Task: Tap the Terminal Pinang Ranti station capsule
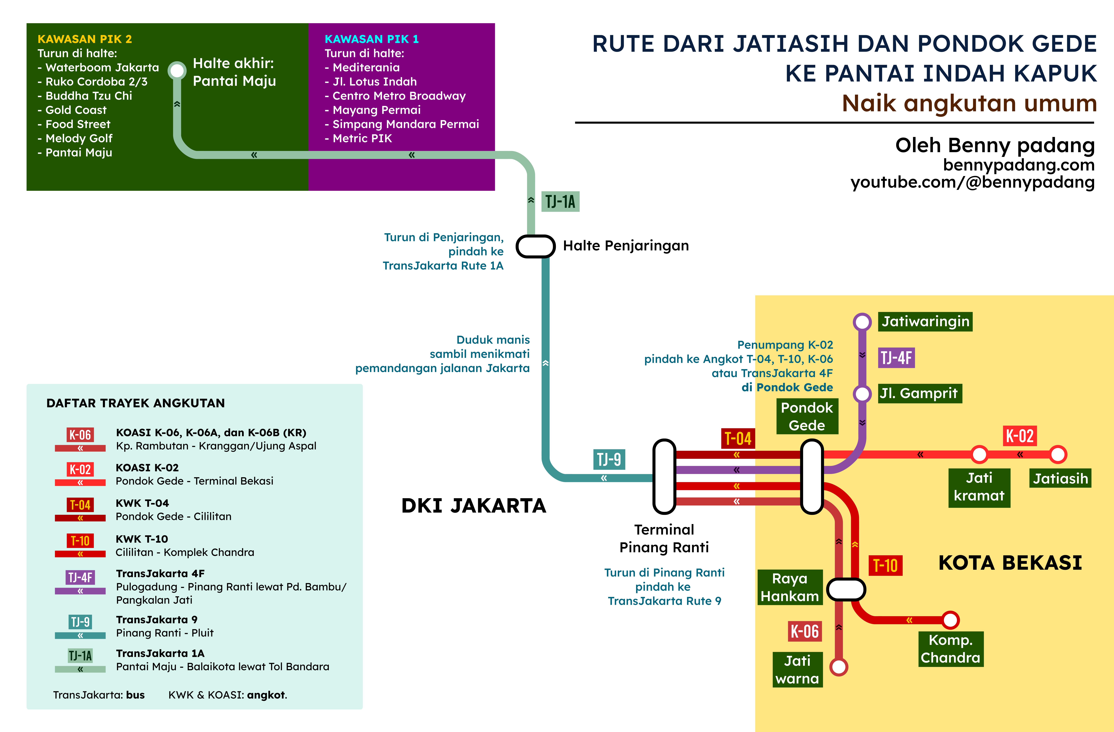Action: [664, 476]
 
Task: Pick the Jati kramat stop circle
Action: [979, 454]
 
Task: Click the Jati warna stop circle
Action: [838, 666]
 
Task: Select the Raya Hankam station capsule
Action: [846, 589]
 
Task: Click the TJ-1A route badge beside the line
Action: [560, 202]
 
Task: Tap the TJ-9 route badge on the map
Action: [609, 460]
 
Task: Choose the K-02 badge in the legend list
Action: [80, 469]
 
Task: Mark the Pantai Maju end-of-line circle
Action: [177, 70]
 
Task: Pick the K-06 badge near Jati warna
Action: [805, 631]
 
